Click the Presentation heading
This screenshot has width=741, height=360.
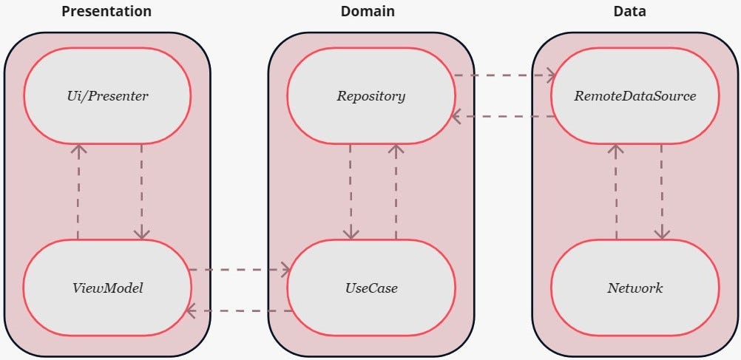pos(106,11)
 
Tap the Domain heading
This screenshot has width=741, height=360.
pos(368,11)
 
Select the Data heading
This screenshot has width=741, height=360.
pos(629,11)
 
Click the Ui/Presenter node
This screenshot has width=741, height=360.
pos(107,95)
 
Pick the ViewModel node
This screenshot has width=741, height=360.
pos(107,288)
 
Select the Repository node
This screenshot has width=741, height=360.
pos(370,95)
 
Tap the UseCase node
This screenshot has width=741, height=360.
pos(370,288)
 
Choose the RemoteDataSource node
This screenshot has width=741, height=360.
pos(635,95)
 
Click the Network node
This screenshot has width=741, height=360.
pos(635,288)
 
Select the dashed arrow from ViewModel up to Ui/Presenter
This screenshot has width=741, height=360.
pos(78,191)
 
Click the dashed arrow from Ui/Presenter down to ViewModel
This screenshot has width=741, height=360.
pos(141,191)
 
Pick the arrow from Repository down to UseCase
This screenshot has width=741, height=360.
pos(351,191)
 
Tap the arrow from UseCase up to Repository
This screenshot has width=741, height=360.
pos(396,191)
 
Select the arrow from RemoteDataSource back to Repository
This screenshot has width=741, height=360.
pos(503,116)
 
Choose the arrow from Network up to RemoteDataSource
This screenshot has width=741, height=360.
pos(615,191)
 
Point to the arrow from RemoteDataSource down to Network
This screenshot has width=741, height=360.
pos(662,191)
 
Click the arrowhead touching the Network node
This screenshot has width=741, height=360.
pos(662,234)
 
